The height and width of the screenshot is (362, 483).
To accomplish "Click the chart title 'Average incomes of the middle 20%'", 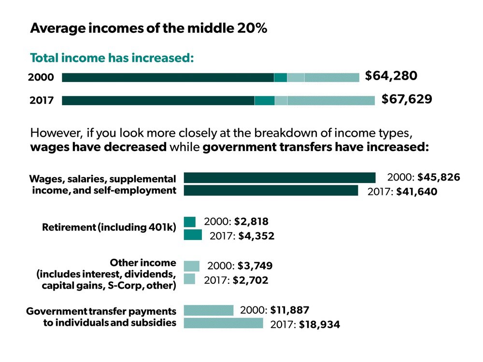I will click(x=149, y=28).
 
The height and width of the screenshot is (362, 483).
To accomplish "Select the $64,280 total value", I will click(x=391, y=76).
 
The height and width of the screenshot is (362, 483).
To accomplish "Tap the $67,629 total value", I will click(x=407, y=99).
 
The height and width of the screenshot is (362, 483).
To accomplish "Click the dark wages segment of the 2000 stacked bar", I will click(x=168, y=78).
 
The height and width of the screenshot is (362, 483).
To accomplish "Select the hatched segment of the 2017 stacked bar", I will click(x=331, y=100).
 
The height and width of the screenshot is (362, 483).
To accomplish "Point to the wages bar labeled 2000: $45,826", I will click(x=279, y=178).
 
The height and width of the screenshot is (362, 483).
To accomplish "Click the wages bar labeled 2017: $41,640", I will click(x=270, y=190).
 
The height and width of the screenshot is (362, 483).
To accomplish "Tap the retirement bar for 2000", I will click(x=189, y=222).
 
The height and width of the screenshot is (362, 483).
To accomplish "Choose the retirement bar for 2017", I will click(x=193, y=235).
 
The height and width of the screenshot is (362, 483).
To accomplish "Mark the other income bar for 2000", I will click(x=191, y=266).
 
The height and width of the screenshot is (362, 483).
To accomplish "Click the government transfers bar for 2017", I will click(x=223, y=323).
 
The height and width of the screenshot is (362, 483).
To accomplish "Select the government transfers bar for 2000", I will click(x=208, y=310).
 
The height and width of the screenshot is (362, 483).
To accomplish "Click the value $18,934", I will click(x=319, y=325).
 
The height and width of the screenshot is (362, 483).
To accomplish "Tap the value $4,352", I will click(x=256, y=237).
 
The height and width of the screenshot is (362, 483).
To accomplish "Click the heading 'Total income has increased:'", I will click(x=112, y=58).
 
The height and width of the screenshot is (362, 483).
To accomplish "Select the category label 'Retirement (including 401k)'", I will click(x=109, y=227).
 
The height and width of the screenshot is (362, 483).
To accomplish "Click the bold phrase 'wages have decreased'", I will click(x=99, y=147).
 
